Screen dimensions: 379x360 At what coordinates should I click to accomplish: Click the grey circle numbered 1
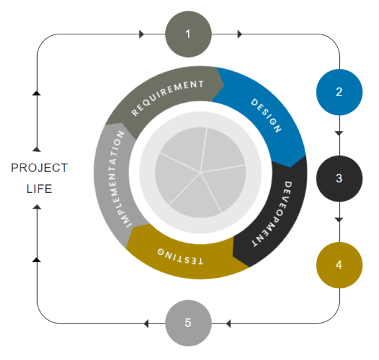[189, 34]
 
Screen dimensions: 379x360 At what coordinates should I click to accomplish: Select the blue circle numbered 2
[339, 92]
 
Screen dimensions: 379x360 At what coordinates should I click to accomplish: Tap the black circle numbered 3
[339, 178]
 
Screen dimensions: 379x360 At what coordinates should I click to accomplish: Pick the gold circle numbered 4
[339, 265]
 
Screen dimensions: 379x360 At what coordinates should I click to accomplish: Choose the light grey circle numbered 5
[189, 323]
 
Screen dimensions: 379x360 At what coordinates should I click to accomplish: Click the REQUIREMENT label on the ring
[167, 97]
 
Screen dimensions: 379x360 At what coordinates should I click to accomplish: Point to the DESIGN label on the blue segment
[266, 115]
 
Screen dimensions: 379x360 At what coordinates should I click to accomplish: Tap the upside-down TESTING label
[181, 257]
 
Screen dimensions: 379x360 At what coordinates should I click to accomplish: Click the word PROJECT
[39, 168]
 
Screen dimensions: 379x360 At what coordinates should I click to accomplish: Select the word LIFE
[39, 188]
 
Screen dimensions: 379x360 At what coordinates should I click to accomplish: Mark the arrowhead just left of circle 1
[141, 34]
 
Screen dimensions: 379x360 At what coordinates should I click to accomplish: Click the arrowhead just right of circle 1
[240, 34]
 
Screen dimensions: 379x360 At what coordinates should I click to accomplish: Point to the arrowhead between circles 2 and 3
[339, 133]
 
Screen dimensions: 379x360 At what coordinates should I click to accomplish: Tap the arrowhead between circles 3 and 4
[339, 219]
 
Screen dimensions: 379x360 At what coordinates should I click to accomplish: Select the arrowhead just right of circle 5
[228, 324]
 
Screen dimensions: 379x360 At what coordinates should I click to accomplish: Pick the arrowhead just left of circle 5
[146, 324]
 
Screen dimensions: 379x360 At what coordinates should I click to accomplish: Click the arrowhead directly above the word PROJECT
[37, 149]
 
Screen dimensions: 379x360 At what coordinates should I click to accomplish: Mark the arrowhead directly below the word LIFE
[37, 207]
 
